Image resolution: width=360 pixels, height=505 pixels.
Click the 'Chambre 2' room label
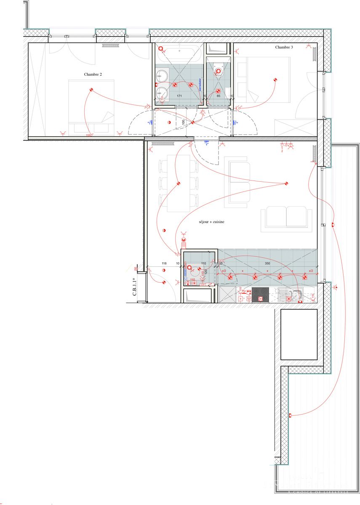pos(93,74)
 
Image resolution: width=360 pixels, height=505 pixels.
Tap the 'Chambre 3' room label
pos(284,48)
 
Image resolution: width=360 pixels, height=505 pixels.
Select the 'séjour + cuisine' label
pos(211,221)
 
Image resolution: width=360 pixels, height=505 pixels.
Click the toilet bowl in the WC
pos(218,72)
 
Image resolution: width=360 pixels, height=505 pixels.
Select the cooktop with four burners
pos(260,295)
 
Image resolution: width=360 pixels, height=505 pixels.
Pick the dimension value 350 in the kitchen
pos(267,263)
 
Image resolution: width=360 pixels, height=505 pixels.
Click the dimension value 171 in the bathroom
pos(179,96)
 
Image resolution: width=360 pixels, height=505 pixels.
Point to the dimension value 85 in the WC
pos(218,96)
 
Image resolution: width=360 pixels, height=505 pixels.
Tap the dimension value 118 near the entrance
pos(164,263)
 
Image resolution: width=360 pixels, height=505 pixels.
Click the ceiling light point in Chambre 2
pos(91,90)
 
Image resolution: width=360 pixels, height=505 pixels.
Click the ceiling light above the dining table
pos(178,183)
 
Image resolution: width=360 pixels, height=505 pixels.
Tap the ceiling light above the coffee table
pos(286,183)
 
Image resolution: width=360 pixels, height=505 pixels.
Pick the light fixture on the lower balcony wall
pos(290,416)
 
